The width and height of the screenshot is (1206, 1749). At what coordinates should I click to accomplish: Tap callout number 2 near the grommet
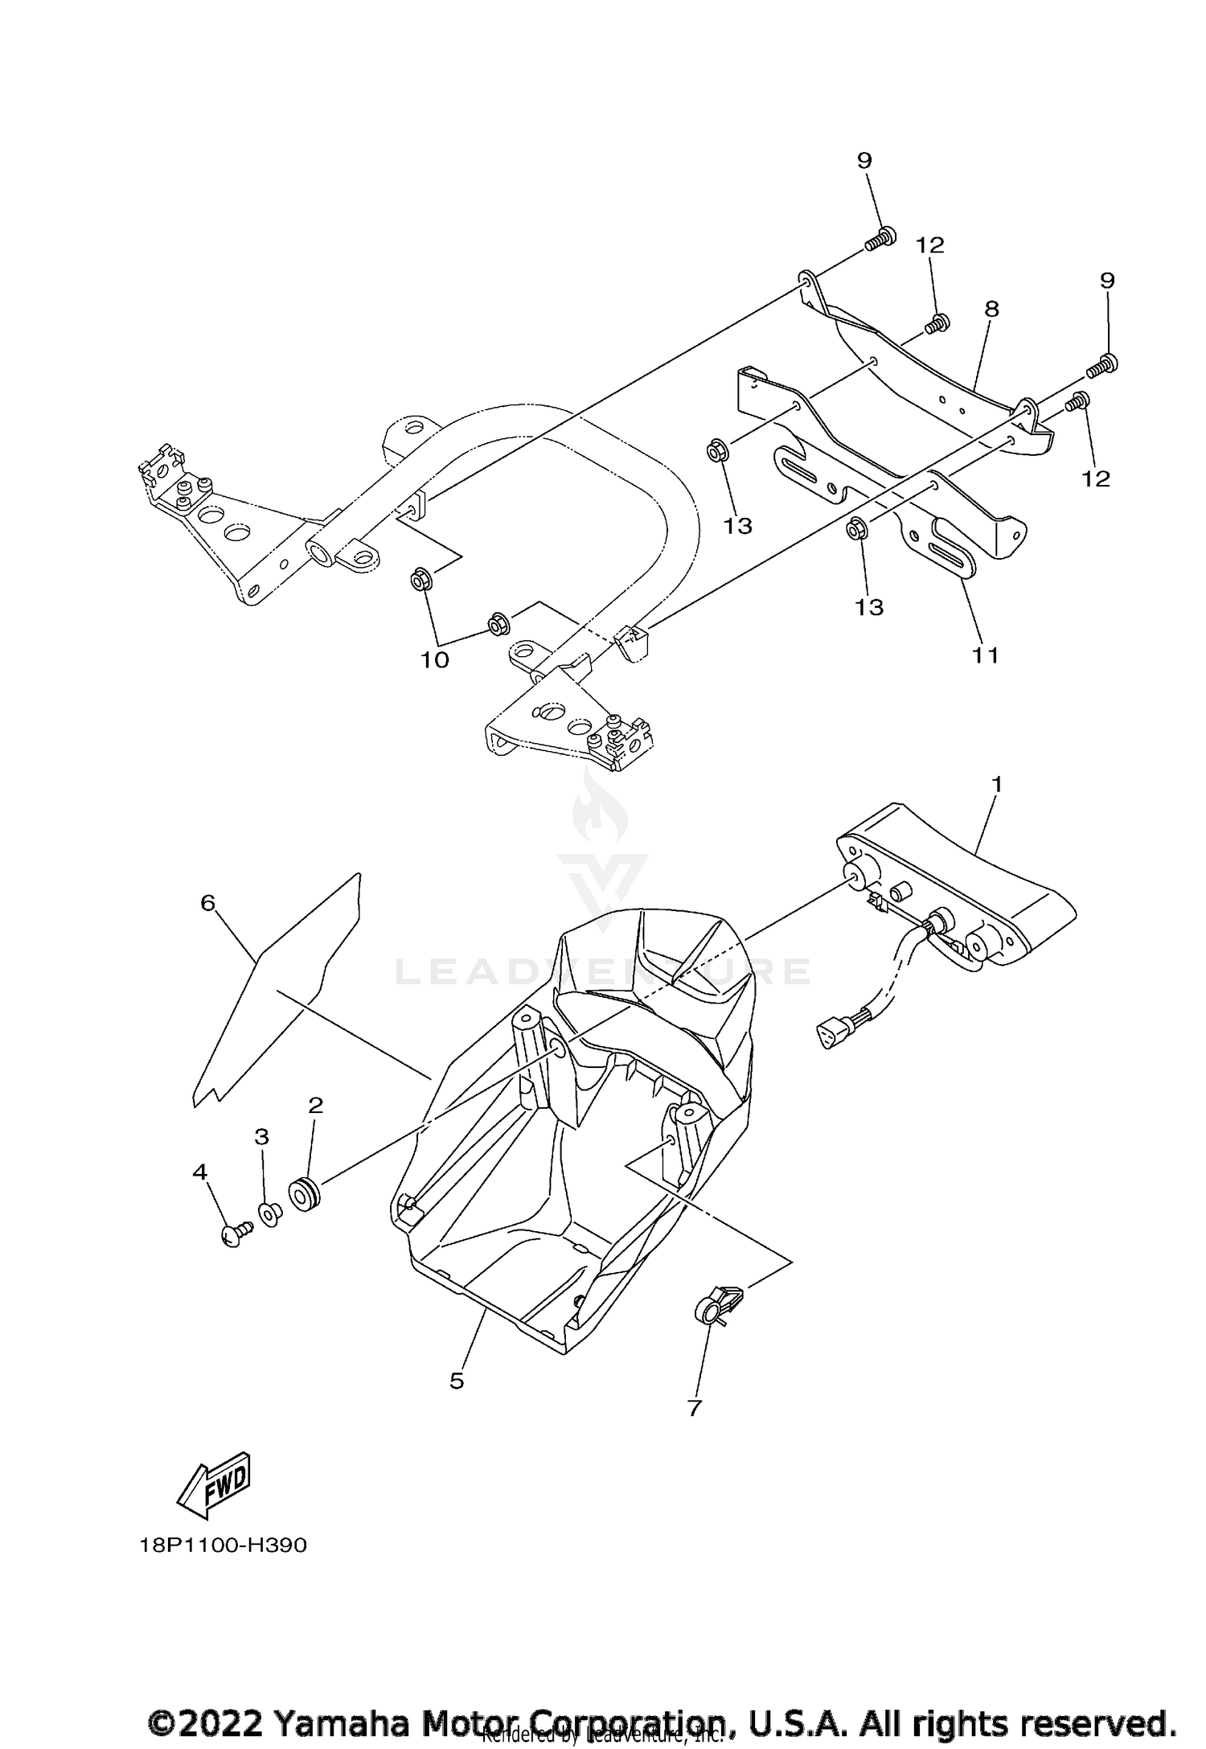point(315,1105)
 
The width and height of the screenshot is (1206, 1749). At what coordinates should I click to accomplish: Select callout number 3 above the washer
point(261,1136)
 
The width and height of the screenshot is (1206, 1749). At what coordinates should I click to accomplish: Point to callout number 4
point(199,1172)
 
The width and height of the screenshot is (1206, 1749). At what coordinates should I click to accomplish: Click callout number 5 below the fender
point(457,1381)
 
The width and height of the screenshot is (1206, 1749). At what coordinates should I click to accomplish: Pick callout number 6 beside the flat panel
point(208,903)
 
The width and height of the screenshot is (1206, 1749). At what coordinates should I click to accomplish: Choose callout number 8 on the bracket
point(991,309)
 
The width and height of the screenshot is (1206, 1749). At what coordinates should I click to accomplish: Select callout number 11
point(986,655)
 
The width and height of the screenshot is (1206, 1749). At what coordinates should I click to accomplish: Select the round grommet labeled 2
point(306,1196)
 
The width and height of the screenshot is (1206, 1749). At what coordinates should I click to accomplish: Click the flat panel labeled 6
point(273,989)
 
